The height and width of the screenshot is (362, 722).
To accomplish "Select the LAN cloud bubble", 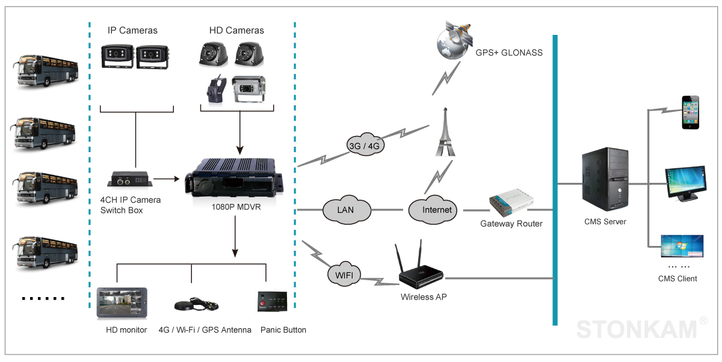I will tap(345, 210).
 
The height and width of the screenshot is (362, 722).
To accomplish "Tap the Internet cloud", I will tap(432, 210).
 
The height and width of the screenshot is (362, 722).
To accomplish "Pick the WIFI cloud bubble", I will tap(344, 275).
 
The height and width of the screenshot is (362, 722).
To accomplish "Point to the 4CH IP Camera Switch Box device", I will tap(129, 180).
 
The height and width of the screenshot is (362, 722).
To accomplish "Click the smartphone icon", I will tap(691, 112).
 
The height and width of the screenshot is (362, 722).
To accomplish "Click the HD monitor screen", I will tap(123, 303).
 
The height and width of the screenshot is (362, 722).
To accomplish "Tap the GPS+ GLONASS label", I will tap(509, 52).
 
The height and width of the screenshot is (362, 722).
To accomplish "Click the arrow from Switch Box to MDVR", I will tap(166, 179).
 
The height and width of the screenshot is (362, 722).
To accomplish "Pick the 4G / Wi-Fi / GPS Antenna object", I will tap(198, 304).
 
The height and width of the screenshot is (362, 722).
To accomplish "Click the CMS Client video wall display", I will tap(681, 246).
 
